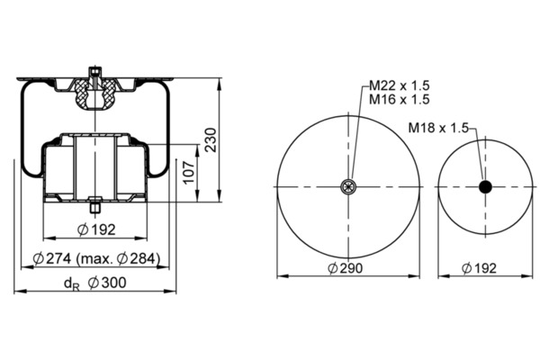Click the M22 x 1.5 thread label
(x=400, y=85)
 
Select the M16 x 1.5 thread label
(x=400, y=100)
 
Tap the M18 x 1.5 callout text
(x=438, y=128)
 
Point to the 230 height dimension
(x=211, y=139)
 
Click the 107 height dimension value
(x=189, y=172)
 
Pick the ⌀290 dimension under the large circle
(x=345, y=268)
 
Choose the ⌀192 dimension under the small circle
(x=479, y=268)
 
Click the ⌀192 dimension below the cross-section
(x=96, y=229)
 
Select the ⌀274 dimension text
(x=52, y=258)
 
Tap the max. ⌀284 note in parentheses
(x=118, y=258)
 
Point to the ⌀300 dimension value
(x=107, y=283)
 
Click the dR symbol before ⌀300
(x=71, y=283)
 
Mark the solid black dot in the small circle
(x=486, y=186)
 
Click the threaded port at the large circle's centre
(x=348, y=186)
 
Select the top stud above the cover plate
(x=94, y=72)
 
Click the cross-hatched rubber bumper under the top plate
(x=94, y=94)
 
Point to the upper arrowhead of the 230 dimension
(x=219, y=84)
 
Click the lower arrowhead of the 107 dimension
(x=197, y=197)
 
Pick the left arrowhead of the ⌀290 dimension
(x=283, y=276)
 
